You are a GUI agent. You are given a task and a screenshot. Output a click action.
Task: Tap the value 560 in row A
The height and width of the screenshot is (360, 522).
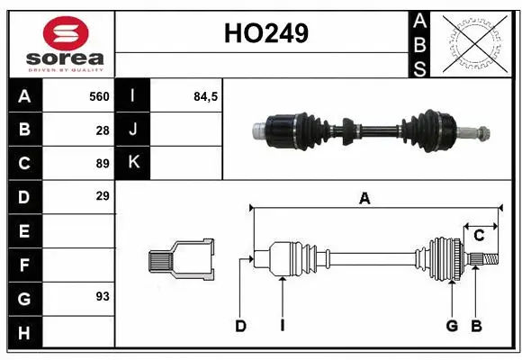click(x=99, y=96)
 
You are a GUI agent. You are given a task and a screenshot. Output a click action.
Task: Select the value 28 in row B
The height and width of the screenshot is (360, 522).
click(x=102, y=130)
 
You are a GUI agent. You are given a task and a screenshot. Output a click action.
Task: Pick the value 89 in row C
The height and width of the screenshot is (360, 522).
click(x=102, y=164)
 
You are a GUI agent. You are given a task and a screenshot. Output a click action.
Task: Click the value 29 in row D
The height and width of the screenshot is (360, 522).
click(x=102, y=195)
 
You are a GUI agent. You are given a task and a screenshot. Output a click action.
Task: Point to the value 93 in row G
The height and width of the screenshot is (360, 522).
click(x=102, y=295)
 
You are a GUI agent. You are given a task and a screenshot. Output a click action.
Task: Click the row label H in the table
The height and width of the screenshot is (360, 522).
click(x=23, y=332)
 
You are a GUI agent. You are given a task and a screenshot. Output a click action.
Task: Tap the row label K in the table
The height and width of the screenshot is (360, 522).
click(x=134, y=163)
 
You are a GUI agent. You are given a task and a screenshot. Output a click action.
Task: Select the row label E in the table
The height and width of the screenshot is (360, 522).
click(x=23, y=231)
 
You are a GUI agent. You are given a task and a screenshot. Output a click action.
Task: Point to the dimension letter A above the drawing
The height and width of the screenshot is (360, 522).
click(x=364, y=200)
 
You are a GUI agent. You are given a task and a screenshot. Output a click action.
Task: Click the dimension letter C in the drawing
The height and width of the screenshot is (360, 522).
click(x=479, y=236)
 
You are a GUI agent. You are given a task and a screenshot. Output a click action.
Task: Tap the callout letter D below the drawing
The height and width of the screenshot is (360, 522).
click(x=241, y=326)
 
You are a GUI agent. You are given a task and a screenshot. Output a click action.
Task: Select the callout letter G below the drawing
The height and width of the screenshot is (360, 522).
click(x=452, y=326)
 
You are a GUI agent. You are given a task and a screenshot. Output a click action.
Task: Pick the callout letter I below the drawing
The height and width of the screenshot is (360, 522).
click(x=282, y=326)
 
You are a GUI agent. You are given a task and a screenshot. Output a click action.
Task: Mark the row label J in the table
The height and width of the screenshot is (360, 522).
click(x=134, y=130)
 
